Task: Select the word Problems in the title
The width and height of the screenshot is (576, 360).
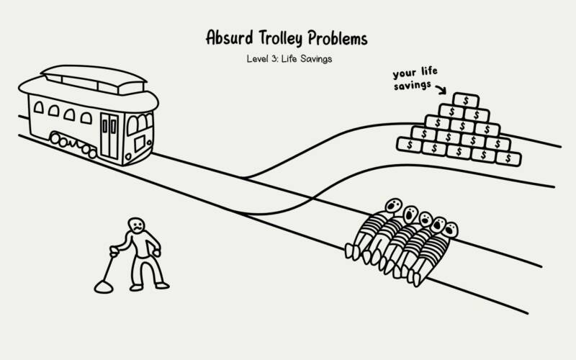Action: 346,37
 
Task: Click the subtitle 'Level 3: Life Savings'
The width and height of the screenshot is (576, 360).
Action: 289,59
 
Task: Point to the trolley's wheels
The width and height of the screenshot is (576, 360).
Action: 72,144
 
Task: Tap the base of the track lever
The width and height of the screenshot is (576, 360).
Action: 104,287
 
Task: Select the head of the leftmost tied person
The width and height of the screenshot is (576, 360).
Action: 393,207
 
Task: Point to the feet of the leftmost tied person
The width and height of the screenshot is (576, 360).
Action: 352,251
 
